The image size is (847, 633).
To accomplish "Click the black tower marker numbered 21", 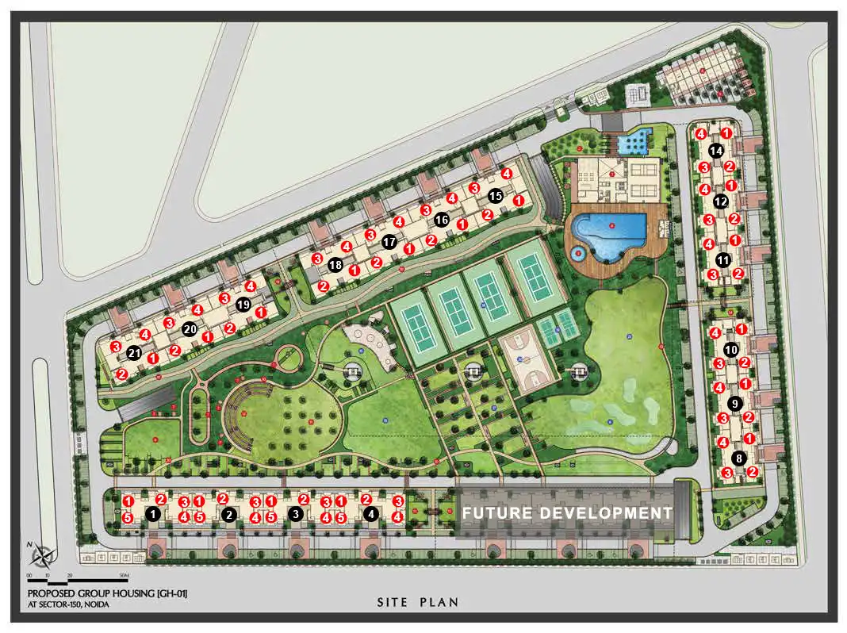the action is [x=136, y=354].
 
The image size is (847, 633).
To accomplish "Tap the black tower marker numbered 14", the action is [x=716, y=150].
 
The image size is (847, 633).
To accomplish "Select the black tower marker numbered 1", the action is [x=153, y=514].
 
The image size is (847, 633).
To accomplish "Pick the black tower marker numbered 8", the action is [x=740, y=458].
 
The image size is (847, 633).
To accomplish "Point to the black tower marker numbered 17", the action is [x=389, y=241].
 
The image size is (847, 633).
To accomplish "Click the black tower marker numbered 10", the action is [x=731, y=349].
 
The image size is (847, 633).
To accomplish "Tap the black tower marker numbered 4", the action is [x=370, y=514].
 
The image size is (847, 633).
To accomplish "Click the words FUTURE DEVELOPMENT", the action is [x=567, y=513].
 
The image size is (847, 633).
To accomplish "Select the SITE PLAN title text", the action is [x=417, y=602].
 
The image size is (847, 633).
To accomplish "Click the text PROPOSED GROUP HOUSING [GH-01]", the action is [x=107, y=593].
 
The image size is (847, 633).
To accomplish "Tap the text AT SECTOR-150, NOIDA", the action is [x=68, y=604].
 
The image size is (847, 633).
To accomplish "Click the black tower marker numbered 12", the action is [x=721, y=201].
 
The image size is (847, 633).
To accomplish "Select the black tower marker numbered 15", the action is [x=495, y=195].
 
